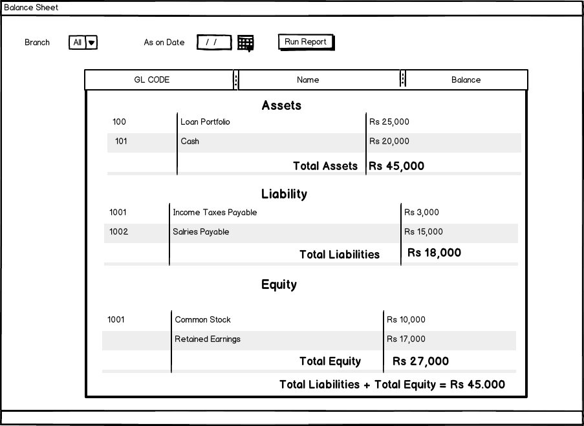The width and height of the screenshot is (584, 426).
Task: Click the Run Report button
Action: tap(306, 42)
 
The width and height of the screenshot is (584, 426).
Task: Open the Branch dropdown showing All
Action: tap(83, 43)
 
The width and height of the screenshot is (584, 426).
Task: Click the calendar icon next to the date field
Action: tap(245, 43)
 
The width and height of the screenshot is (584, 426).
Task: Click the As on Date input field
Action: tap(214, 43)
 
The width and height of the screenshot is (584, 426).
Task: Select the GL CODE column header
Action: tap(152, 80)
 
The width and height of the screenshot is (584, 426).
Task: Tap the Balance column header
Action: tap(466, 80)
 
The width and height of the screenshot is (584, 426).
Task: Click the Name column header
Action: tap(308, 80)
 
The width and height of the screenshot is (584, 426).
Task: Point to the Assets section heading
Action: tap(281, 105)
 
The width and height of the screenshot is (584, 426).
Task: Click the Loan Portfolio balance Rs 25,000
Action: tap(389, 122)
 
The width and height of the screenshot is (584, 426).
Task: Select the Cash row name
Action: tap(190, 142)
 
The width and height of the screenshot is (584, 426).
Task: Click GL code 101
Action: tap(121, 142)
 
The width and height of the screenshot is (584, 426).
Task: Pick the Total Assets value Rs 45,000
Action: tap(396, 166)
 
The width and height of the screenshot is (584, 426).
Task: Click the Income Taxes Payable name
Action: tap(215, 213)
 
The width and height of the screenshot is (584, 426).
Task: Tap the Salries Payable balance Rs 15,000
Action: tap(424, 232)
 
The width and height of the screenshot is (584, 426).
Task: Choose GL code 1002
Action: tap(118, 232)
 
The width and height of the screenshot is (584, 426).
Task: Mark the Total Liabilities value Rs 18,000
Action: tap(434, 253)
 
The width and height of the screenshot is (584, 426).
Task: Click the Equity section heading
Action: tap(279, 284)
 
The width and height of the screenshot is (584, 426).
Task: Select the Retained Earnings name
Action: tap(208, 339)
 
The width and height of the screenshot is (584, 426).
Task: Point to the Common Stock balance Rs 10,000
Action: tap(406, 320)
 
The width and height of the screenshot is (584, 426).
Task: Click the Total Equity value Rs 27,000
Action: tap(420, 361)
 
